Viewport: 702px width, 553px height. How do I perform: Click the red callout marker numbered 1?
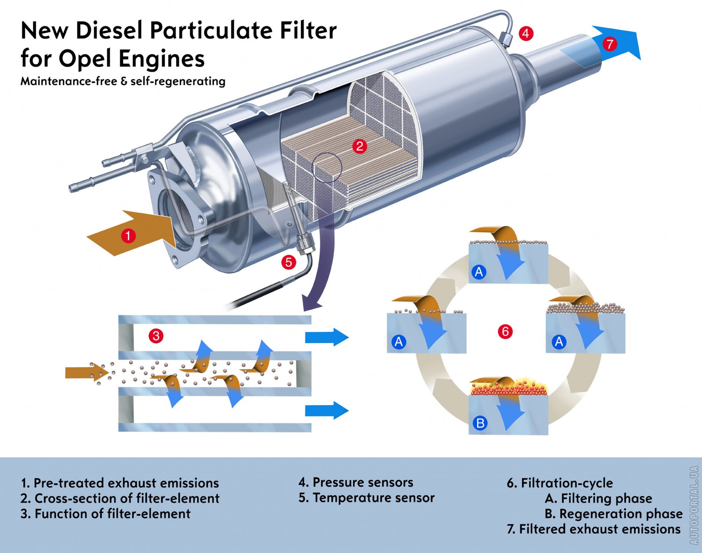tap(128, 236)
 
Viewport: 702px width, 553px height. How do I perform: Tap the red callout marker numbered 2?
tap(360, 146)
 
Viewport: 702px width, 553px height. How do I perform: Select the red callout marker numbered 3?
tap(156, 336)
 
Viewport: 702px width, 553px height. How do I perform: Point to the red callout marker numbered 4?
tap(526, 33)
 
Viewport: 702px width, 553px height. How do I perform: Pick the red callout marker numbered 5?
tap(288, 262)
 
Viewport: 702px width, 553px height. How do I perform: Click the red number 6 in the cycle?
tap(505, 331)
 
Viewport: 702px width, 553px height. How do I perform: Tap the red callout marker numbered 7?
tap(609, 44)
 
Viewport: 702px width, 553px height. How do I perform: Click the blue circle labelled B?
tap(480, 423)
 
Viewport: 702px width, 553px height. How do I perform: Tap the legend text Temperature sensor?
tap(373, 498)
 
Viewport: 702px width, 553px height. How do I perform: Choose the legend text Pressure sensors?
tap(362, 482)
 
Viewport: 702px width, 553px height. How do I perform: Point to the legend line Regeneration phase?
tap(620, 513)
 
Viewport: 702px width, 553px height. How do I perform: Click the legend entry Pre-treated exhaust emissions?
tap(126, 483)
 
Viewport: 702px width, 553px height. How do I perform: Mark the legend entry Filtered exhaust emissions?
tap(599, 529)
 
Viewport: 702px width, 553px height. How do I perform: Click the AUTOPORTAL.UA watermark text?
tap(694, 505)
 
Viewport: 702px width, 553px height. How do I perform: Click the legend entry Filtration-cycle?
tap(566, 483)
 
